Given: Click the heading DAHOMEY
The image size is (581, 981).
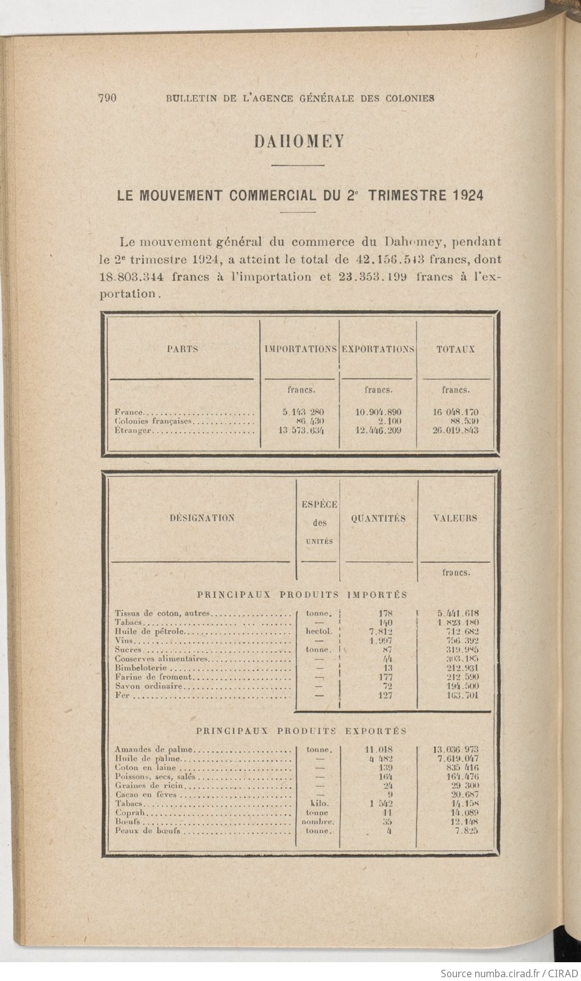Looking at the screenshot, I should pyautogui.click(x=299, y=141).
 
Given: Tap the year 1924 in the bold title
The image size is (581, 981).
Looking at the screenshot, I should pyautogui.click(x=466, y=195).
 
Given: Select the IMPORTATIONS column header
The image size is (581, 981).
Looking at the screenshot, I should pyautogui.click(x=301, y=349).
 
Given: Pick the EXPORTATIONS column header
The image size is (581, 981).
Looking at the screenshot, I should pyautogui.click(x=378, y=349).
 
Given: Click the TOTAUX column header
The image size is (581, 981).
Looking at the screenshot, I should pyautogui.click(x=455, y=349).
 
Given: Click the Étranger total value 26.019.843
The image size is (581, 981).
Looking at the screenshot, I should pyautogui.click(x=455, y=430).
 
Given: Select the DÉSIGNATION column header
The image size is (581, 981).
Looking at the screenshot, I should pyautogui.click(x=202, y=518).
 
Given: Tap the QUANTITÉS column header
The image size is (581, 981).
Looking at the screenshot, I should pyautogui.click(x=378, y=518).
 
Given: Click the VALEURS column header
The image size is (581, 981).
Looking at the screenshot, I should pyautogui.click(x=455, y=518).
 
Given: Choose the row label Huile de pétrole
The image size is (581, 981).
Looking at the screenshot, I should pyautogui.click(x=150, y=631).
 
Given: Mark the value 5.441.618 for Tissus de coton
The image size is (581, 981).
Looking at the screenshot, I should pyautogui.click(x=458, y=613).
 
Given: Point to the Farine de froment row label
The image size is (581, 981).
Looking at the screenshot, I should pyautogui.click(x=153, y=677).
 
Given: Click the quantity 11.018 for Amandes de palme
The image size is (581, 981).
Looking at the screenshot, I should pyautogui.click(x=378, y=749).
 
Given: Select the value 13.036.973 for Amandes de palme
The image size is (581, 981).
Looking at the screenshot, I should pyautogui.click(x=456, y=749).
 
